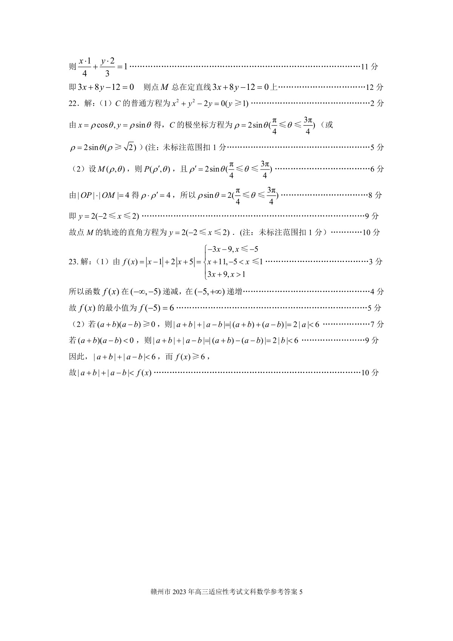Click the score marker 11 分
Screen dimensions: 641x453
coord(370,67)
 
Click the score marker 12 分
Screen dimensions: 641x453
coord(374,88)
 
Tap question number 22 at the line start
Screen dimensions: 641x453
coord(73,103)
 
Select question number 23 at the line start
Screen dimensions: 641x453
coord(73,262)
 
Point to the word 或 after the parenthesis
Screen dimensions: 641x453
coord(329,125)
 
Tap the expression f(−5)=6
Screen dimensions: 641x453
coord(156,308)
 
